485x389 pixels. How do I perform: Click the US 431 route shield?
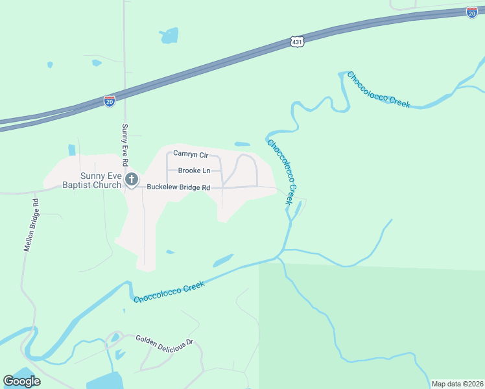[296, 41]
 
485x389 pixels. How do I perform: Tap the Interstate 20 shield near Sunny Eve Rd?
[110, 100]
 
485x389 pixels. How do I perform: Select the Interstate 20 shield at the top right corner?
[471, 12]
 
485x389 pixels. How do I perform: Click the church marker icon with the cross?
[132, 180]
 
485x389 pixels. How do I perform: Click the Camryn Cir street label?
[190, 155]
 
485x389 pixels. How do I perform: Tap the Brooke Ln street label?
[195, 171]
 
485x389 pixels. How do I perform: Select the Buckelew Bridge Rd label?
[179, 187]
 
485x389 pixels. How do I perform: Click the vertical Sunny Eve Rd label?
[125, 143]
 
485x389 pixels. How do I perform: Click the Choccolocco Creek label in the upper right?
[378, 89]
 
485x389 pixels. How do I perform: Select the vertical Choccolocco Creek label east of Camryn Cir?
[283, 172]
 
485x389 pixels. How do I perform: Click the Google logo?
[21, 381]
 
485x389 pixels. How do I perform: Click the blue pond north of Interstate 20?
[169, 35]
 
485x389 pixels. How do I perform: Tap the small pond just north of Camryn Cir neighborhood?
[242, 144]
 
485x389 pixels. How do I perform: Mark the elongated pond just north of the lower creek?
[223, 260]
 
